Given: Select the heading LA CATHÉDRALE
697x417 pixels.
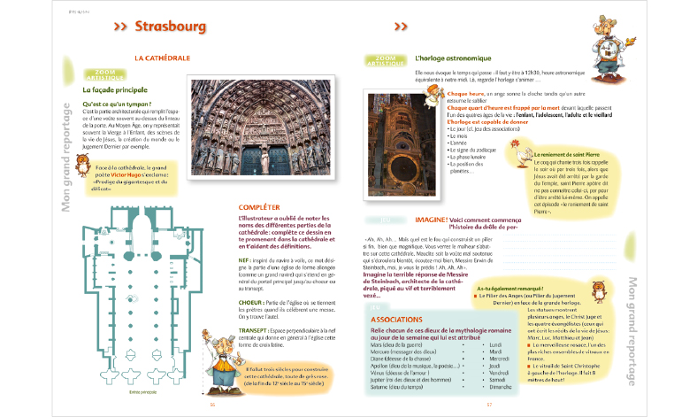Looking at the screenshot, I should coord(163,58).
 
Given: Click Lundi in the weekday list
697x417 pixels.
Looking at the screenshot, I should coord(494,344).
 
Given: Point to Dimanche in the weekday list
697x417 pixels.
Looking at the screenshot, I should coord(500,387).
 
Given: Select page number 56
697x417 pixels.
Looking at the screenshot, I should coord(213,405).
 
